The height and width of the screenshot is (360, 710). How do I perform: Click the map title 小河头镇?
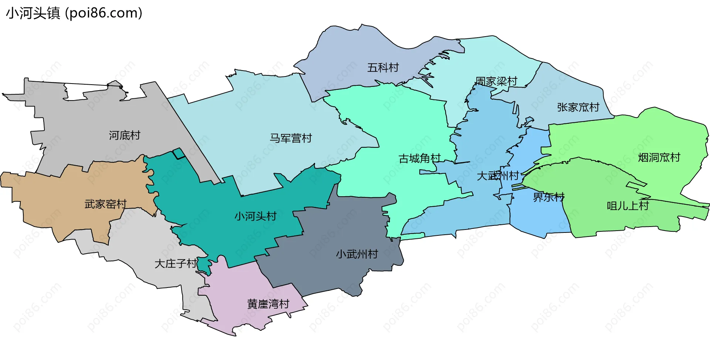pos(33,13)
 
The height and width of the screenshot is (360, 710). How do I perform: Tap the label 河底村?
pos(125,135)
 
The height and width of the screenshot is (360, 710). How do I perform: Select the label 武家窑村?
pos(105,204)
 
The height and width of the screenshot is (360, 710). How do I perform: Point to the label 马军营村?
pos(291,138)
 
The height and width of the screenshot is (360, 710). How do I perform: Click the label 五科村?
pos(383,68)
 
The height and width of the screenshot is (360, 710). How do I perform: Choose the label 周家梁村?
pos(496,81)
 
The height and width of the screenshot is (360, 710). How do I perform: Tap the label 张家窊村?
pos(578,107)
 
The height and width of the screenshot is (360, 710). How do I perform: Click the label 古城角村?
pos(419,159)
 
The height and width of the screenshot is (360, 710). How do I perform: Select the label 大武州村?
pos(498,176)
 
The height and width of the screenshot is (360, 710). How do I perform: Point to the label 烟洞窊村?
pos(659,157)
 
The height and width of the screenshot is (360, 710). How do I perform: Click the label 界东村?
pos(548,197)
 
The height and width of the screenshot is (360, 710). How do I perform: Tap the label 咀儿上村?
pos(628,206)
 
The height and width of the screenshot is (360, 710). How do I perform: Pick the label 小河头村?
pos(255,216)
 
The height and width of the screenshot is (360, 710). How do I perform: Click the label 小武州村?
pos(357,254)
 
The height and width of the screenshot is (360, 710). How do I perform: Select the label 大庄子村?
pos(176,264)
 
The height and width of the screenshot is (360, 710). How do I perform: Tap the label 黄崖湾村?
pos(268,304)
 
